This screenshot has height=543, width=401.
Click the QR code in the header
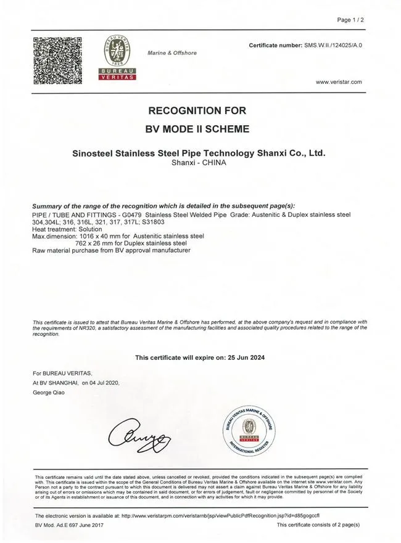pyautogui.click(x=57, y=60)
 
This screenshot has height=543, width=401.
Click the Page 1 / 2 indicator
pyautogui.click(x=350, y=20)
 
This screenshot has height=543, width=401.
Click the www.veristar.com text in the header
pyautogui.click(x=339, y=82)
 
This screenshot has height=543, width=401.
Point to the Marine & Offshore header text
pyautogui.click(x=172, y=53)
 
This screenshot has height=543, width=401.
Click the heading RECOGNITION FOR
pyautogui.click(x=197, y=111)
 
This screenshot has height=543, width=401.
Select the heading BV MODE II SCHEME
pyautogui.click(x=197, y=129)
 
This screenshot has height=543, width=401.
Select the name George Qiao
pyautogui.click(x=51, y=392)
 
